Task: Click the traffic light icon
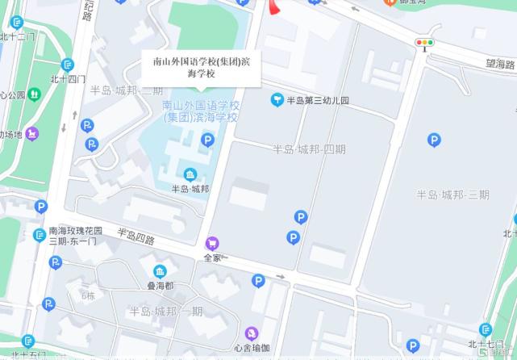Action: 424,42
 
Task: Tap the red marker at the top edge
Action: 274,7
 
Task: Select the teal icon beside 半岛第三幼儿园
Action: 277,100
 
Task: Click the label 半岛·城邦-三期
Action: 452,195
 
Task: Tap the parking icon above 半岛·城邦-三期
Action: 435,141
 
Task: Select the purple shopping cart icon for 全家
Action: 213,243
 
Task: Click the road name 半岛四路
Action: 136,236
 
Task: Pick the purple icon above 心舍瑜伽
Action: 252,333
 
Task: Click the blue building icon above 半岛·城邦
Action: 190,174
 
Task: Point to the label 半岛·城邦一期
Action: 166,311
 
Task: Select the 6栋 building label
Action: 88,295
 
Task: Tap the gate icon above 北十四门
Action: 68,64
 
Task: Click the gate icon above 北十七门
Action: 486,330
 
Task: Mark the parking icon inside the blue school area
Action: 207,140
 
